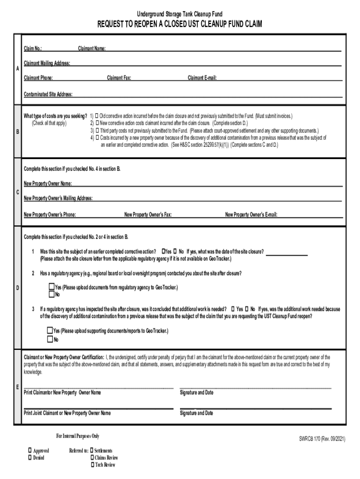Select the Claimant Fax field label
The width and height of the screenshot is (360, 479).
click(119, 78)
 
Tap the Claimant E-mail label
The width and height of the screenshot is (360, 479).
click(202, 78)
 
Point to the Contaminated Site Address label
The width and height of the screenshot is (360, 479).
click(48, 94)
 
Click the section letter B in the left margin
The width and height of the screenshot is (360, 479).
click(17, 132)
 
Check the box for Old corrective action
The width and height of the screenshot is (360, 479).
click(97, 116)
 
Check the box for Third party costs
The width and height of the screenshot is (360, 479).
click(97, 131)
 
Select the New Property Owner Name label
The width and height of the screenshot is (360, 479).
click(48, 183)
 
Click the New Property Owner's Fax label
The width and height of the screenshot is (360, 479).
click(148, 215)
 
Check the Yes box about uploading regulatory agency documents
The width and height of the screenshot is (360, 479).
click(51, 287)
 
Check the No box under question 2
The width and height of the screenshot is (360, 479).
click(51, 295)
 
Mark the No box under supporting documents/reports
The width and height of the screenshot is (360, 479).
click(50, 339)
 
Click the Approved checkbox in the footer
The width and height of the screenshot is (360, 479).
click(30, 450)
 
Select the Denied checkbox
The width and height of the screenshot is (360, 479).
click(30, 457)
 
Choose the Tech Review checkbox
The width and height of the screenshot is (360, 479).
click(92, 464)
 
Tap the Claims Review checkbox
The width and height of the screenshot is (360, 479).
click(92, 457)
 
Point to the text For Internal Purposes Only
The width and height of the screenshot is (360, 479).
click(78, 436)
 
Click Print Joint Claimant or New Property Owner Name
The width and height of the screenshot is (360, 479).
click(67, 413)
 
